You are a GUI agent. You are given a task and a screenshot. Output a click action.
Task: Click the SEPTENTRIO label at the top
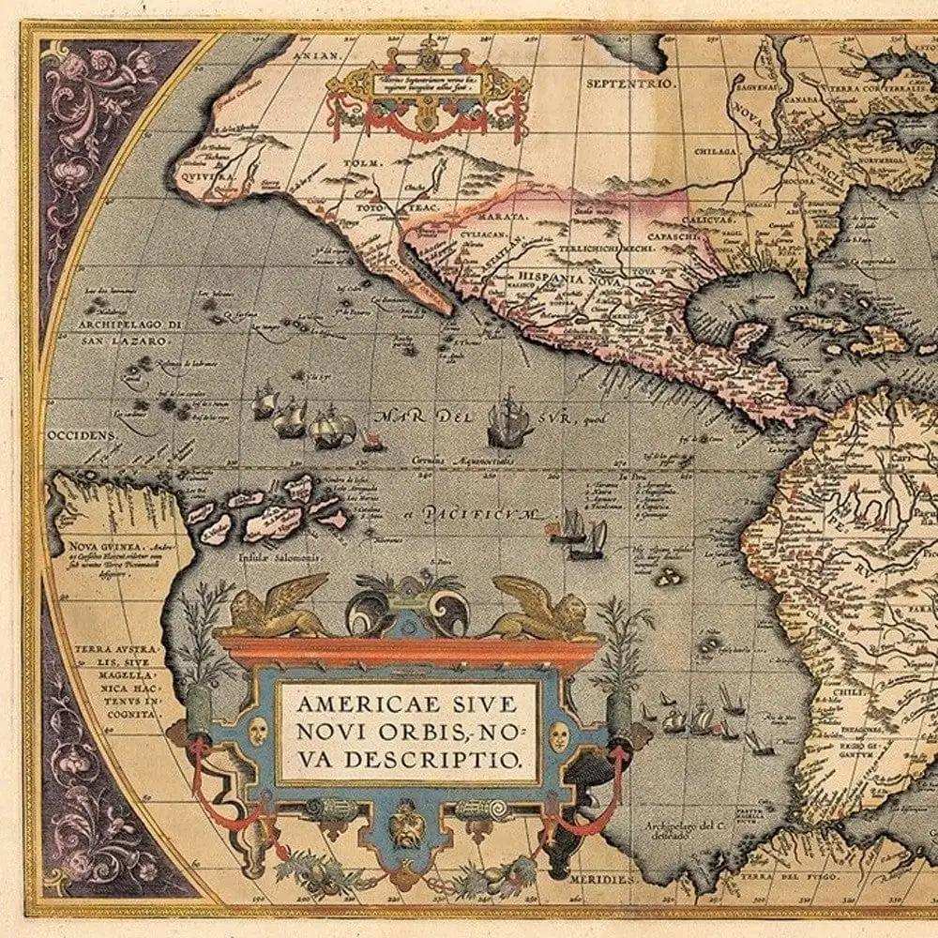coord(618,83)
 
